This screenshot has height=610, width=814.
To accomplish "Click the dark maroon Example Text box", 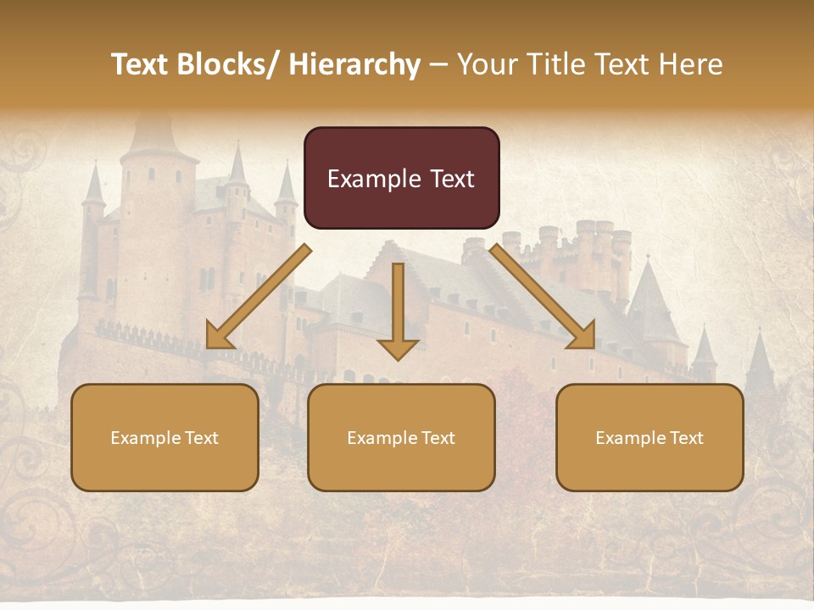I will click(x=401, y=178).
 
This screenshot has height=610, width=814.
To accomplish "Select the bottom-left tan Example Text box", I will click(x=164, y=437).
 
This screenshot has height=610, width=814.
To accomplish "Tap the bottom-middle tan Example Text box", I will click(x=401, y=437).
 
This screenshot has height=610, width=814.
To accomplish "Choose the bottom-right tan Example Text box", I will click(x=650, y=437).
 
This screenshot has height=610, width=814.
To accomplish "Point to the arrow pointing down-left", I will click(x=258, y=297).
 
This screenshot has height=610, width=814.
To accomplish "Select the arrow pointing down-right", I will click(x=543, y=296).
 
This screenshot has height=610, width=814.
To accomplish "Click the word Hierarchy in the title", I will click(x=354, y=64).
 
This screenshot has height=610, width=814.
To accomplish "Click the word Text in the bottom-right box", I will click(x=685, y=438).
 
